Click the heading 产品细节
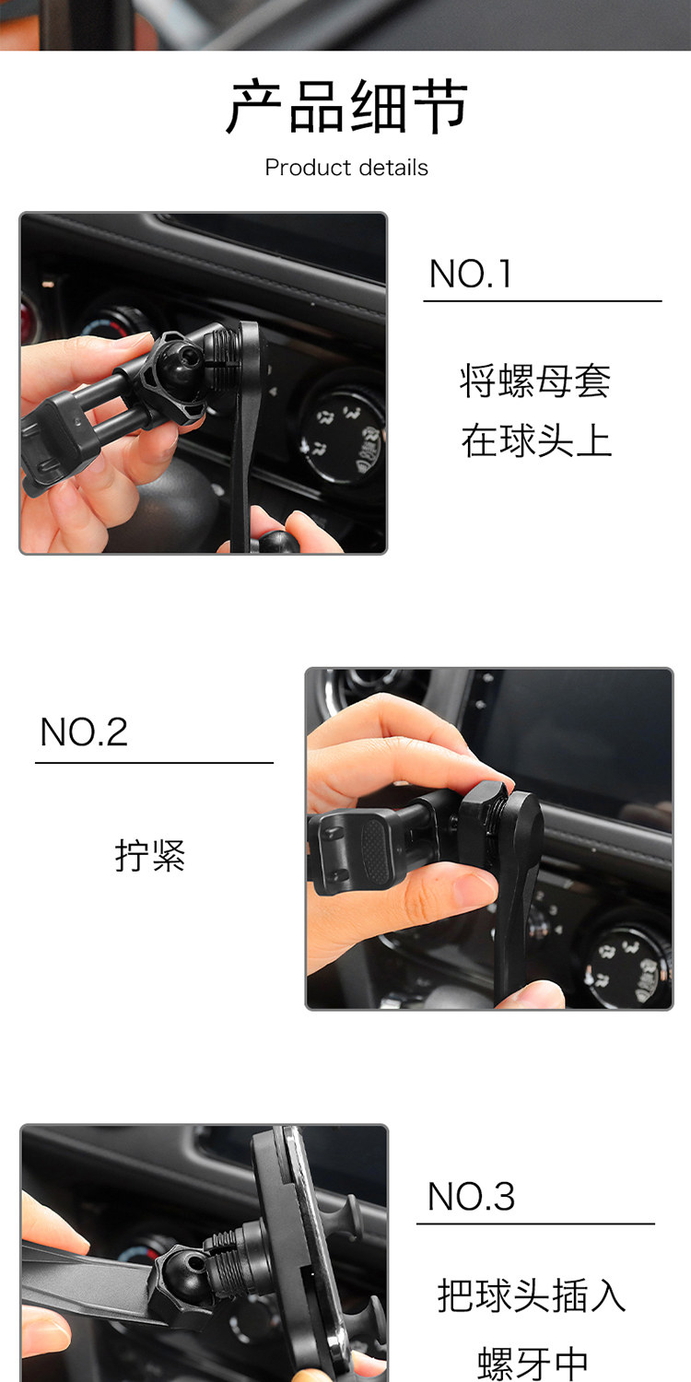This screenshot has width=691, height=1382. point(346,106)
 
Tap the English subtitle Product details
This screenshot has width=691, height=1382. point(346,167)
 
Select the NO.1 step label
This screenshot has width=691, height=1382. point(470,274)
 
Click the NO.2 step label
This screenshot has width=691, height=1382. point(84,732)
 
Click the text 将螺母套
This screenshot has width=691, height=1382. point(535,381)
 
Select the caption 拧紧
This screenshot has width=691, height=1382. point(150,855)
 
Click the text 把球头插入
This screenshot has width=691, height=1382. point(532,1294)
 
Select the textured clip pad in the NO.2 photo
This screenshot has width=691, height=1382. point(374,849)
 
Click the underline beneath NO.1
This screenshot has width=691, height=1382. point(543,301)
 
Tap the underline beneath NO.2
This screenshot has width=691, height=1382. point(154,763)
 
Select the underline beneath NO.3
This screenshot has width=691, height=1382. point(535,1224)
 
